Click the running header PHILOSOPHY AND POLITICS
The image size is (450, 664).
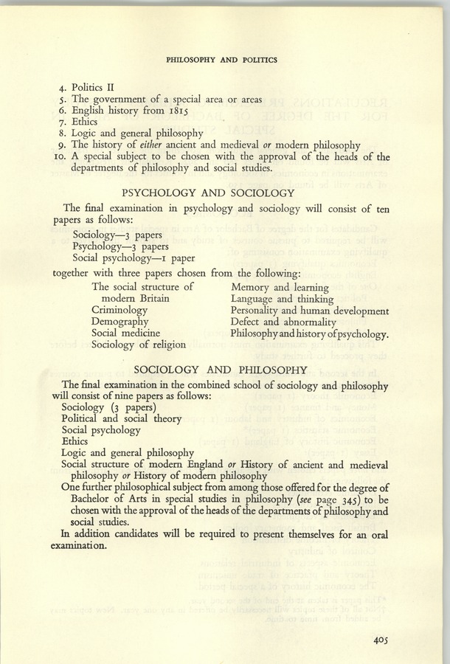(x=222, y=60)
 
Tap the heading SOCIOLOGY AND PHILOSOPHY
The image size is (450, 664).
(x=221, y=370)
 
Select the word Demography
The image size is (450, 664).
(x=120, y=322)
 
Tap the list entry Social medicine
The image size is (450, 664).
(x=125, y=333)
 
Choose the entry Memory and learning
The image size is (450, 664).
(x=280, y=287)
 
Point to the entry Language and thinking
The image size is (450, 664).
(x=282, y=299)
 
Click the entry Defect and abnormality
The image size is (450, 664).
(x=283, y=322)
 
